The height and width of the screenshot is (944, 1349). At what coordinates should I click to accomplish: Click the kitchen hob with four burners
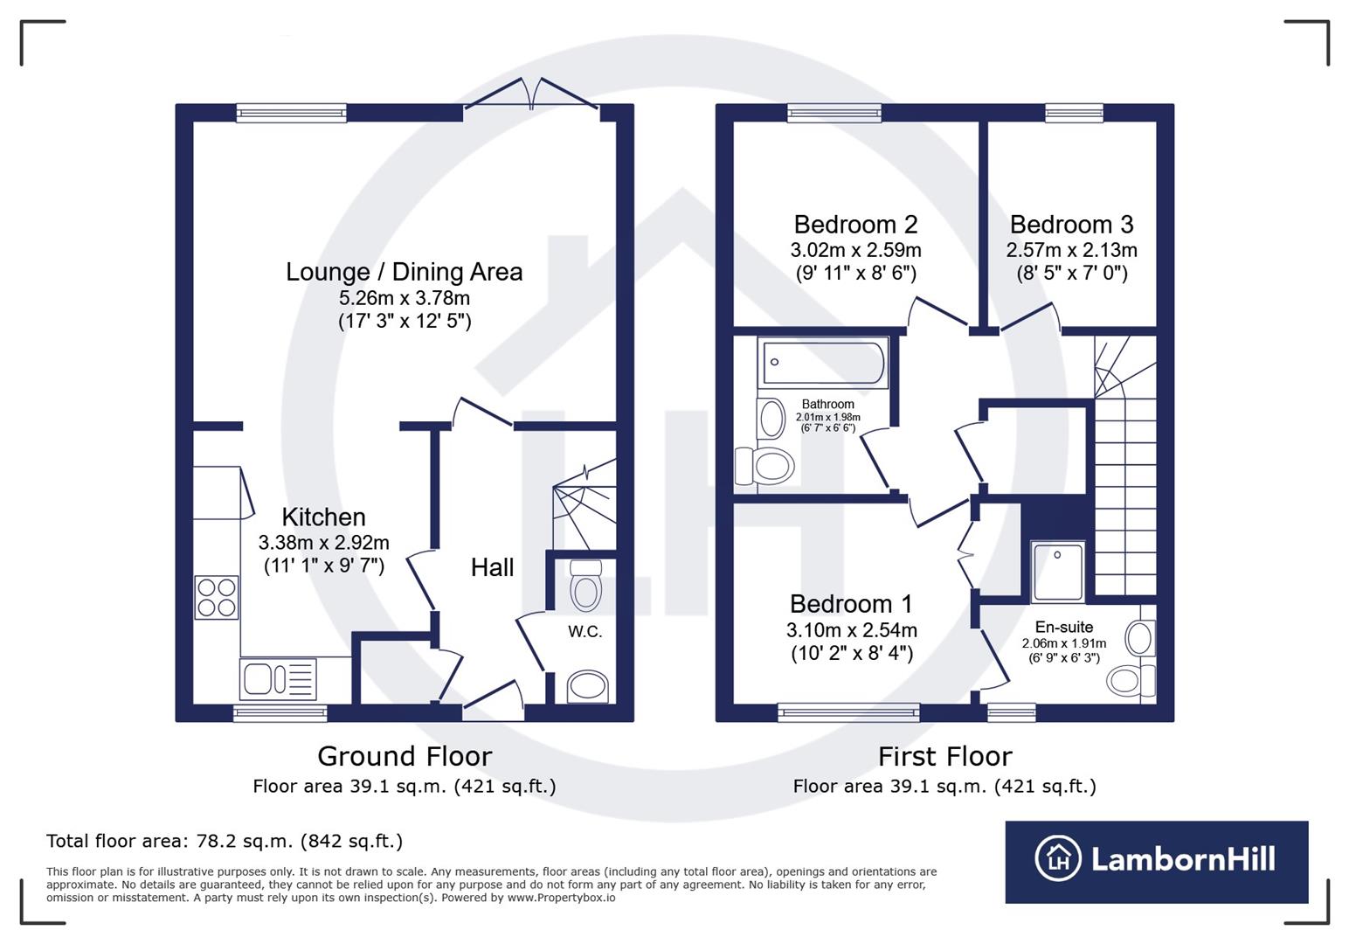(217, 598)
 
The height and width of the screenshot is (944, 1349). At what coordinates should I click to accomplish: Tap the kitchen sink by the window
(278, 679)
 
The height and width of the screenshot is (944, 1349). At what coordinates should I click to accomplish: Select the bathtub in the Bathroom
(823, 363)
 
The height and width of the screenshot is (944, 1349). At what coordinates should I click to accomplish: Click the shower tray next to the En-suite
(1058, 572)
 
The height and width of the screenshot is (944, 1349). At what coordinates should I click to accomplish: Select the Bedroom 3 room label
(1071, 225)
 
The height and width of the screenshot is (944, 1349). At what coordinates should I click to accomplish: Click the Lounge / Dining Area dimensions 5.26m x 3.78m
(405, 298)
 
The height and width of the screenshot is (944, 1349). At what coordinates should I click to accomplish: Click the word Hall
(492, 568)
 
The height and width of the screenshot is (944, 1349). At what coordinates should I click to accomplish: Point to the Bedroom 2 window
(834, 113)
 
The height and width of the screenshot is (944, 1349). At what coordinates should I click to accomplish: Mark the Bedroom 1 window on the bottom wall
(848, 712)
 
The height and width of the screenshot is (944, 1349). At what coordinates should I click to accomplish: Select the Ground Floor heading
(405, 756)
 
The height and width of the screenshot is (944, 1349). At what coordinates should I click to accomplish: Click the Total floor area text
(225, 842)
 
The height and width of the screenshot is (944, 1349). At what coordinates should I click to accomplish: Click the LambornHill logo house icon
(1058, 858)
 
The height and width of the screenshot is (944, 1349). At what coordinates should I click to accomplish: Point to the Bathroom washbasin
(771, 418)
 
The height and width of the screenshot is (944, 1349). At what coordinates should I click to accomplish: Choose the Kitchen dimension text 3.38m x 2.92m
(323, 543)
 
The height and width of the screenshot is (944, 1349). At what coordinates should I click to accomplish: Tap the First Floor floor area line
(944, 787)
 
